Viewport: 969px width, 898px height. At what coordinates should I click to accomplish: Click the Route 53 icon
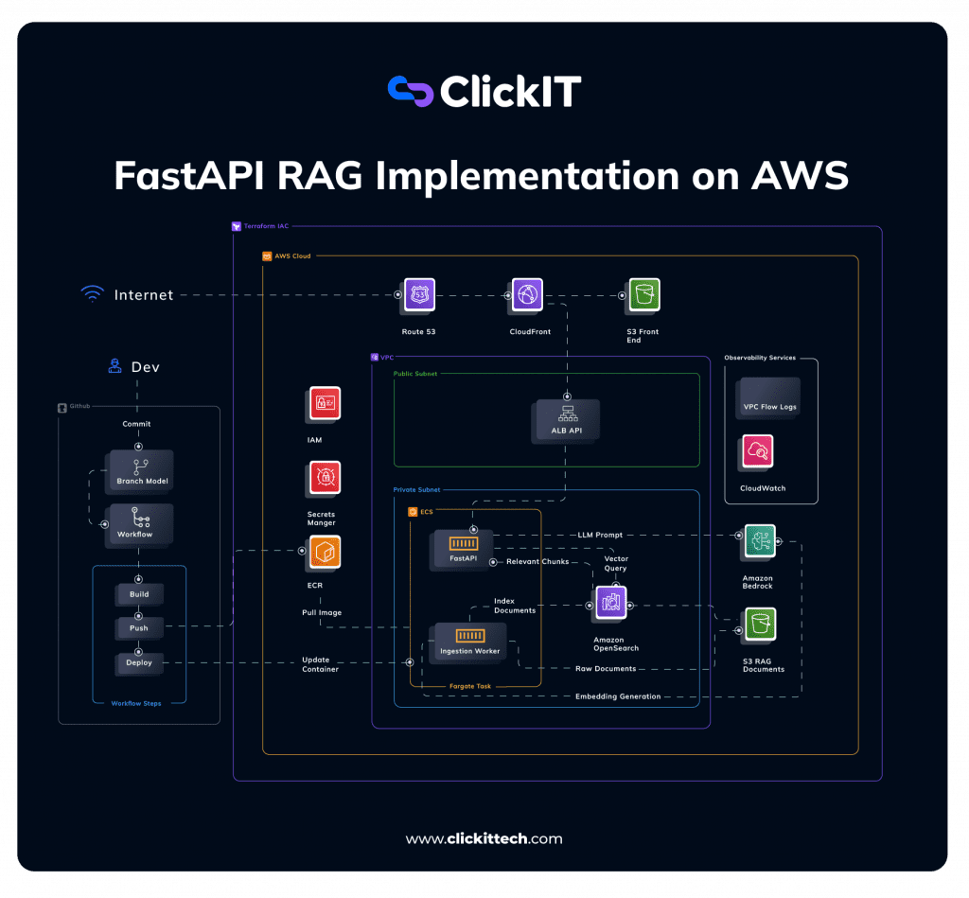(418, 295)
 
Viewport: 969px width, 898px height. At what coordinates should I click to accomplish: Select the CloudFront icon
(527, 295)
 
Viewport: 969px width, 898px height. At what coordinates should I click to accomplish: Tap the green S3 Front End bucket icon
(643, 295)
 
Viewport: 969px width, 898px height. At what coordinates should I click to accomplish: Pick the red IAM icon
(325, 404)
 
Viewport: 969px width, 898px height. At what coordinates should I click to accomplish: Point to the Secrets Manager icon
(325, 480)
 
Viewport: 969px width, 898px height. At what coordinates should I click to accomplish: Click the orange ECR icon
(325, 553)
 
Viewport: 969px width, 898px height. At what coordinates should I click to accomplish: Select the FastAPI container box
(464, 548)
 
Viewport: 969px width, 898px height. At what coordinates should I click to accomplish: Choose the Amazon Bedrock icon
(758, 542)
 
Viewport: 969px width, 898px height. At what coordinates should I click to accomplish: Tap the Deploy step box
(139, 662)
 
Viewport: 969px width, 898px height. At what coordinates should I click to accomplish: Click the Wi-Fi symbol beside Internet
(92, 294)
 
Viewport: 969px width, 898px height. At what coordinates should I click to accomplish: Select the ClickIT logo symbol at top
(410, 91)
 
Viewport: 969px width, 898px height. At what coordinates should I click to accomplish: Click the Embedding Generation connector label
(618, 696)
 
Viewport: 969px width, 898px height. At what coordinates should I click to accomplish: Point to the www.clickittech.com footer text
(484, 838)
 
